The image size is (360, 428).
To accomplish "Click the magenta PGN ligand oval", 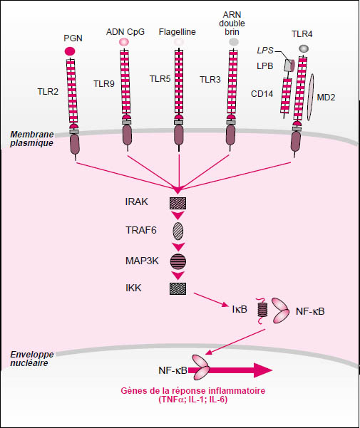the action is point(70,51).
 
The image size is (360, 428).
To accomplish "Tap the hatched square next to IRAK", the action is point(178,204).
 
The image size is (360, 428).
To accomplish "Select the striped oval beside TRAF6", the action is point(178,231).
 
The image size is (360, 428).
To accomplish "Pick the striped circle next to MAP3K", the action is point(178,261).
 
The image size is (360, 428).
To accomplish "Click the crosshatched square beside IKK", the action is point(178,288).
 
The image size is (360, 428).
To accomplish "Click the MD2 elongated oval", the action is point(310,97).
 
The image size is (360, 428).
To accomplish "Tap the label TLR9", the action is point(104,84).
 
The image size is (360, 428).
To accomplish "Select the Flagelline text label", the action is point(178,32).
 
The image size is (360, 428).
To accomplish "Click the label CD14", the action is point(262,94).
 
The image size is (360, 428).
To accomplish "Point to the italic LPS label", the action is point(265,51).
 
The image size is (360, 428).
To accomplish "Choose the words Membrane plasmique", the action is point(32,139).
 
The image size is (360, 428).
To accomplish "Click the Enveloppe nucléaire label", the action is point(32,359).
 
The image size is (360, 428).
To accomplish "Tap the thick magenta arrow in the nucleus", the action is point(230,370).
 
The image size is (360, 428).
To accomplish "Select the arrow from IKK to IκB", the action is point(211,300).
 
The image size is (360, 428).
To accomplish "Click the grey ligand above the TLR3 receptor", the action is point(234,42).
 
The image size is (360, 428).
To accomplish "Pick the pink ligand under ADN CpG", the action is point(124,41).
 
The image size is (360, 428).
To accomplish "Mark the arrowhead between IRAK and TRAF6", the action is point(178,216).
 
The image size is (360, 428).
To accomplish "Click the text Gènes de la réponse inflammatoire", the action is point(193,390).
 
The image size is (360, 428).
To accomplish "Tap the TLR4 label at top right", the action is point(302,34).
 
